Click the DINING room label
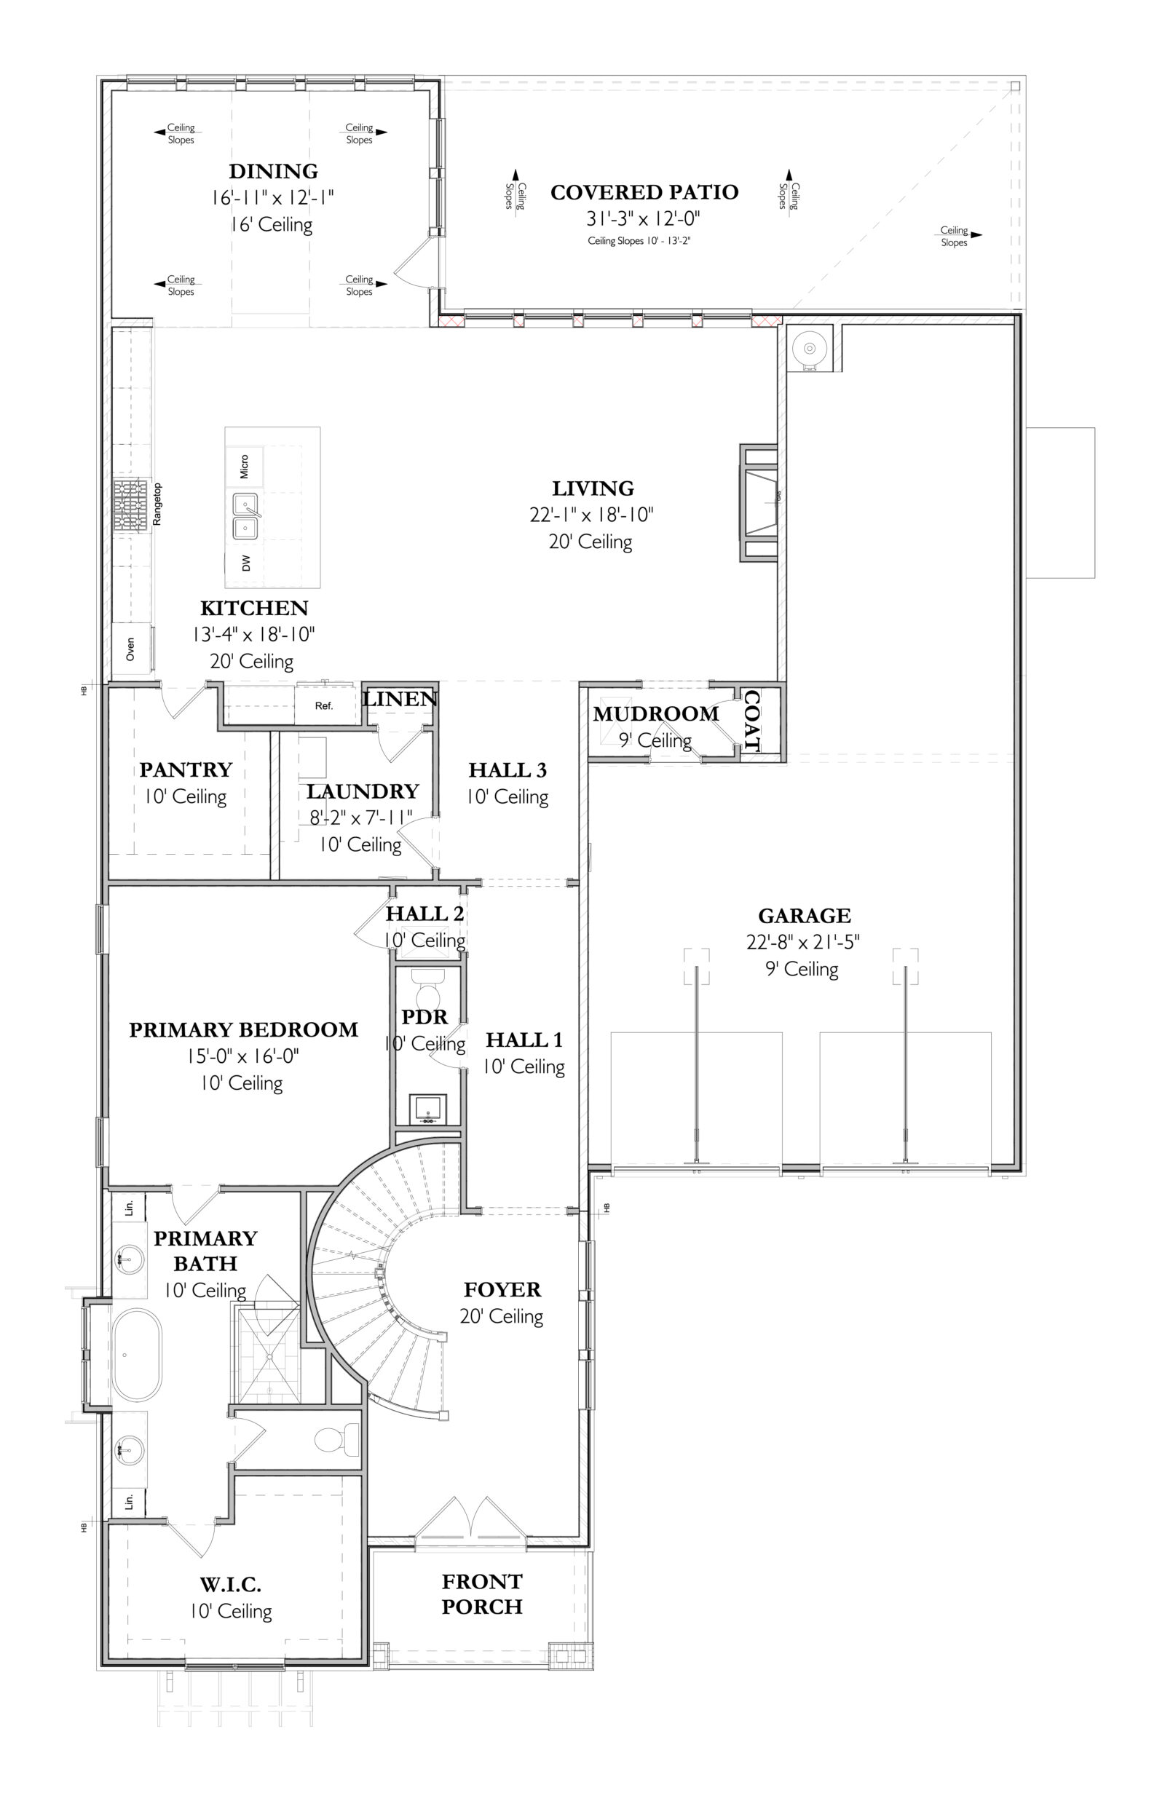point(273,171)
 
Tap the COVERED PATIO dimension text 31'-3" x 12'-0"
point(643,218)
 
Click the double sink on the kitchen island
point(245,516)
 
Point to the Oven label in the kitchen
point(130,648)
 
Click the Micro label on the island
point(245,466)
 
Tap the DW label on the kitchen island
point(246,563)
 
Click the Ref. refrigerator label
point(324,705)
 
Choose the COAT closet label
point(752,719)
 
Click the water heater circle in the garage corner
point(810,349)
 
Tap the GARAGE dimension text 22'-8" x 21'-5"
point(802,942)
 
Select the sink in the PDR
point(428,1109)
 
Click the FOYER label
point(502,1290)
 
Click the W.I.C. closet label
point(231,1585)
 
